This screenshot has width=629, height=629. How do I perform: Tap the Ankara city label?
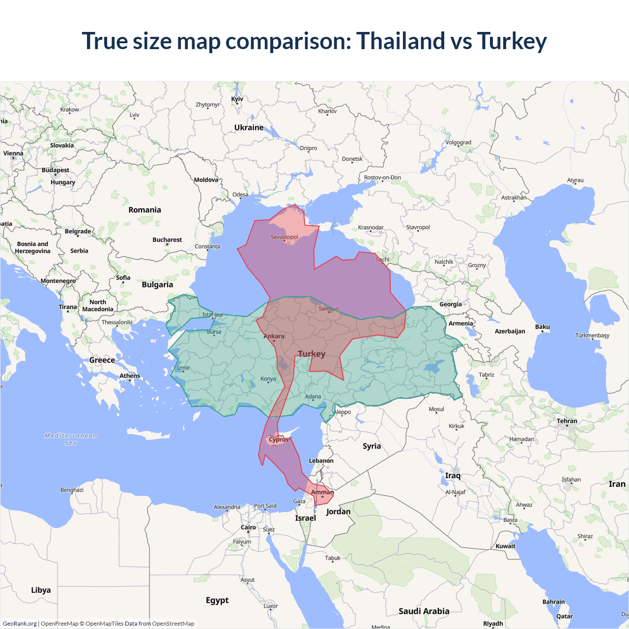(x=274, y=337)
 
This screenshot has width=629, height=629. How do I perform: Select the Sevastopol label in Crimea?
(x=284, y=237)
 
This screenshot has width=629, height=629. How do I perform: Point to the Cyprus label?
(x=279, y=439)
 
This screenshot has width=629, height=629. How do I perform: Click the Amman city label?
(x=322, y=492)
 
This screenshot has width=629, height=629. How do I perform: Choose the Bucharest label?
(x=167, y=240)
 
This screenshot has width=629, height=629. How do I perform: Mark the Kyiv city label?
(x=237, y=99)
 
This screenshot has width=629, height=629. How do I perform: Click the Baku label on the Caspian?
(x=543, y=327)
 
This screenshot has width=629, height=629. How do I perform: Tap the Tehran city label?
(x=567, y=421)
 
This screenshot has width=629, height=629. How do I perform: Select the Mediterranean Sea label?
(x=71, y=439)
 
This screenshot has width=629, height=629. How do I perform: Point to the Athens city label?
(x=130, y=376)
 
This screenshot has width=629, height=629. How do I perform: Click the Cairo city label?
(x=248, y=527)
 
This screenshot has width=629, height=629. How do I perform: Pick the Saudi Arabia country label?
(x=424, y=611)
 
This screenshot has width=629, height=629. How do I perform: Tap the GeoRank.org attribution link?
(x=20, y=624)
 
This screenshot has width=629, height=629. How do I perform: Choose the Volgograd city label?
(x=458, y=143)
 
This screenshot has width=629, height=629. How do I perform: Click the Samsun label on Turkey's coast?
(x=329, y=309)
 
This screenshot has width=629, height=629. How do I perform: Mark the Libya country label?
(x=41, y=590)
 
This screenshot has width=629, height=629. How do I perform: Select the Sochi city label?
(x=382, y=259)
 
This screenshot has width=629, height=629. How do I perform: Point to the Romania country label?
(x=144, y=210)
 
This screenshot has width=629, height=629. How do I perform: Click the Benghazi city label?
(x=72, y=490)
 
